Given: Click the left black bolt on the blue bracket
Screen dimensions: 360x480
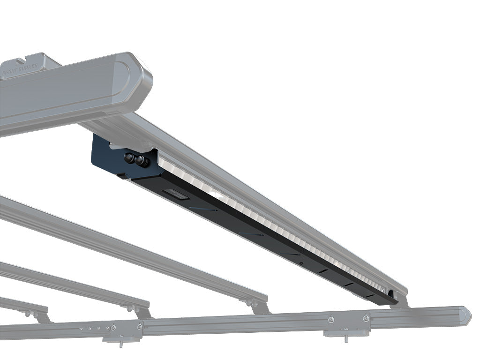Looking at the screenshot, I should click(x=129, y=158).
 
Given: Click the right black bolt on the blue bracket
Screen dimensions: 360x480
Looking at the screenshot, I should click(x=140, y=161).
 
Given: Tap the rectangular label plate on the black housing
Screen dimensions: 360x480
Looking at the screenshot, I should click(x=173, y=194).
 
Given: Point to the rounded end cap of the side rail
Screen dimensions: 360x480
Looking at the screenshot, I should click(x=466, y=315).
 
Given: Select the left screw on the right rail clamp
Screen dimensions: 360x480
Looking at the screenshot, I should click(x=331, y=320).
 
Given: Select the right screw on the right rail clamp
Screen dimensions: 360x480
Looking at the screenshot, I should click(x=366, y=318).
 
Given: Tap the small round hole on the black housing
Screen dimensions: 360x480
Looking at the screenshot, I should click(x=300, y=263).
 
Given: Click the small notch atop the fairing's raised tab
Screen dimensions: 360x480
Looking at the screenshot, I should click(x=22, y=60).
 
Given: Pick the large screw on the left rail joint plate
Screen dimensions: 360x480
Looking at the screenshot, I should click(x=140, y=326).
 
